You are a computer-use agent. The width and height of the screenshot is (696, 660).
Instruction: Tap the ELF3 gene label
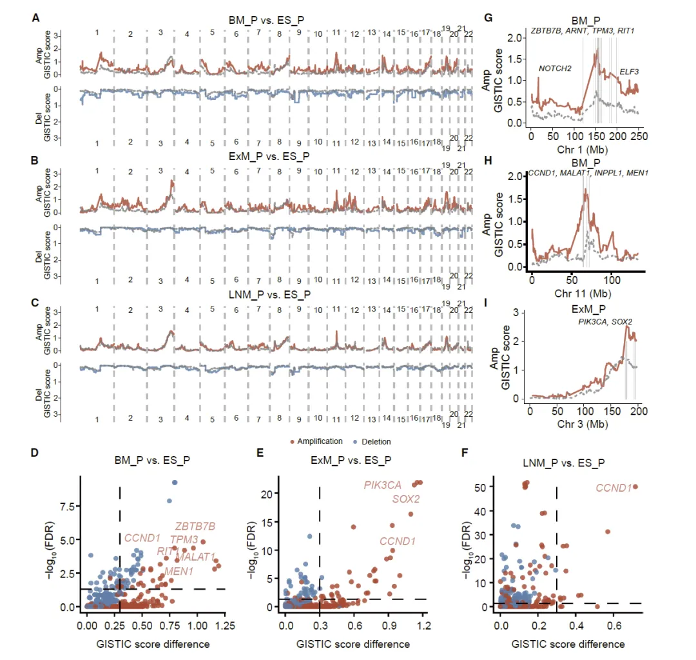pos(630,72)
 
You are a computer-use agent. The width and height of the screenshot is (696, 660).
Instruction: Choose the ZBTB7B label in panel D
pos(196,526)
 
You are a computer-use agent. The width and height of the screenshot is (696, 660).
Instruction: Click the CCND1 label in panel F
pos(612,488)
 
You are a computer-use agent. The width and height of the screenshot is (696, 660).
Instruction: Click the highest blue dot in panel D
pos(174,483)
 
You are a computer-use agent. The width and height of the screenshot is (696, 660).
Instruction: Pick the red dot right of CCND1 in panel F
pos(636,487)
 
